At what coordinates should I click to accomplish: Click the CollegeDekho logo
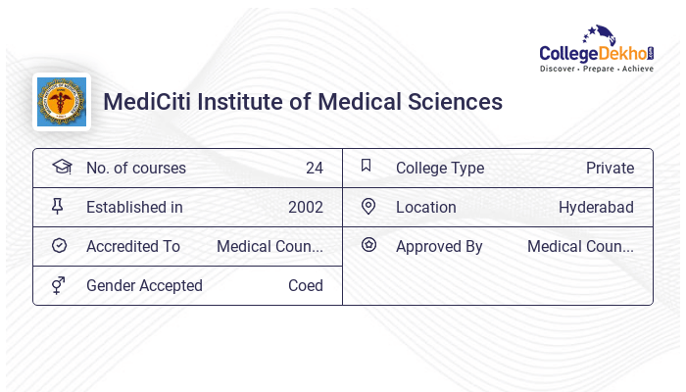click(598, 48)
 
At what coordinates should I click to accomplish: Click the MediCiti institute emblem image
click(61, 103)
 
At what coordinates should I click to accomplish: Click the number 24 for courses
click(314, 168)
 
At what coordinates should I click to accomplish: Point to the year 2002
click(306, 207)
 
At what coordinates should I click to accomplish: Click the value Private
click(610, 168)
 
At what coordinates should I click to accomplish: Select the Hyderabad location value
click(596, 207)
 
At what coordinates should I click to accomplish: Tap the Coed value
click(306, 285)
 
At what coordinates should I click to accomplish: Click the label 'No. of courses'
click(135, 168)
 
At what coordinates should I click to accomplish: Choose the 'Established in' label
click(134, 207)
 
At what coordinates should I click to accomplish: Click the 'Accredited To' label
click(133, 246)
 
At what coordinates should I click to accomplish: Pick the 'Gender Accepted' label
click(144, 285)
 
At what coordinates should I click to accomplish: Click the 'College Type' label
click(440, 168)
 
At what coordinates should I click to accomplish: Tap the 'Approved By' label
click(439, 246)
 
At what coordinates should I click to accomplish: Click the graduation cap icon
click(61, 167)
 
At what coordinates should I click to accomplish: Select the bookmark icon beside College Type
click(367, 166)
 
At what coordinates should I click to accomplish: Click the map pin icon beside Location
click(368, 206)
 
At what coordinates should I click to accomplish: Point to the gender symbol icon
click(59, 285)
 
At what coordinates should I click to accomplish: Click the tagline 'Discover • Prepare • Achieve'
click(597, 70)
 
